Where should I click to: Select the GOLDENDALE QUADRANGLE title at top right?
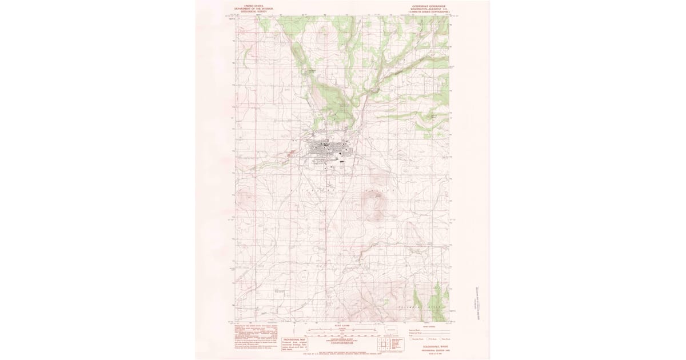(426, 3)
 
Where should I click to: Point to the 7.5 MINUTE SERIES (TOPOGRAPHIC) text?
(426, 10)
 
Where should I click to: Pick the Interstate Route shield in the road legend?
(410, 339)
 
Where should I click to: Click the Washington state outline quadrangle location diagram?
(391, 329)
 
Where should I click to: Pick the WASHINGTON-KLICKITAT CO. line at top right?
(426, 7)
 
